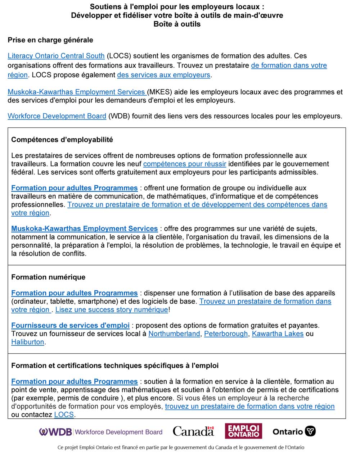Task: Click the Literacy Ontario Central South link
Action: [x=56, y=56]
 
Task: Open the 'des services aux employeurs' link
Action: [x=163, y=75]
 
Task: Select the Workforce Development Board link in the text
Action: [x=57, y=116]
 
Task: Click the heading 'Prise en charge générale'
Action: [x=50, y=40]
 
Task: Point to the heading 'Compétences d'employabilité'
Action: [x=62, y=140]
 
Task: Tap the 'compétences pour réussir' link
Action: [x=184, y=164]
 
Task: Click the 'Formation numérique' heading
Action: [x=48, y=277]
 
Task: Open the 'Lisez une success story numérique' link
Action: [x=112, y=310]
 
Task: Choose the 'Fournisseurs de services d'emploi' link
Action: [x=70, y=326]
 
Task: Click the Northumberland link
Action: [x=174, y=334]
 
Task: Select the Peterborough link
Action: [x=226, y=334]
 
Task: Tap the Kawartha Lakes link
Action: [x=278, y=334]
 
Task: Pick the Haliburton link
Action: [x=28, y=342]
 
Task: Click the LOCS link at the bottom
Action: [x=64, y=415]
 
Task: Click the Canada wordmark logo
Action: [x=193, y=431]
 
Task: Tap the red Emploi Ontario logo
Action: [x=243, y=431]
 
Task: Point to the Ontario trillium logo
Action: [x=310, y=431]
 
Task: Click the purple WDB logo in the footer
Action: [x=56, y=432]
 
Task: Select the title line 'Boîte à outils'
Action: [x=177, y=24]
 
